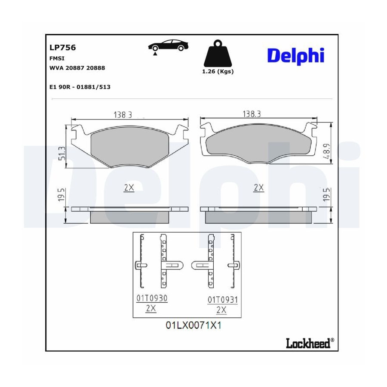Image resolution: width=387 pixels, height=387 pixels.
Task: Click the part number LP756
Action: (63, 47)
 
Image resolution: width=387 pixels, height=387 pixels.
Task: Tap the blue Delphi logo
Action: (296, 56)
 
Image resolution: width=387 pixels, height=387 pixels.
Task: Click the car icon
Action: (168, 46)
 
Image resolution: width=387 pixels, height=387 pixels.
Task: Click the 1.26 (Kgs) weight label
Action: (218, 71)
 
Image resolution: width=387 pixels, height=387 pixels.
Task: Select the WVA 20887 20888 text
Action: (77, 68)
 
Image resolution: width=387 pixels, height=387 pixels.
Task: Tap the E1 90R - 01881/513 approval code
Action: (80, 87)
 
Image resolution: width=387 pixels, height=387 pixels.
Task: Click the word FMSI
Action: (57, 58)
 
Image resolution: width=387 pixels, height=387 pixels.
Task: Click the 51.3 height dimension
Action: (62, 154)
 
